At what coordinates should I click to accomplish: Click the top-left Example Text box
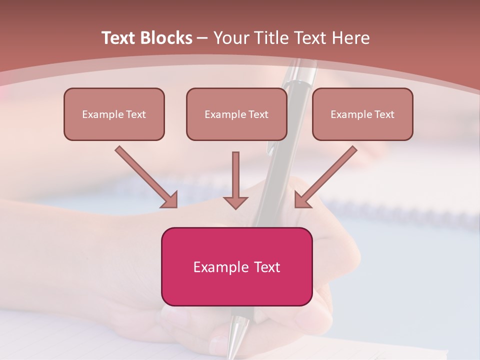pyautogui.click(x=114, y=114)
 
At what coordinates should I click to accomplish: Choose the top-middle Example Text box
pyautogui.click(x=236, y=114)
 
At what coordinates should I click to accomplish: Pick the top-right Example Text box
pyautogui.click(x=362, y=114)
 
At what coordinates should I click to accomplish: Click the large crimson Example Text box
pyautogui.click(x=236, y=266)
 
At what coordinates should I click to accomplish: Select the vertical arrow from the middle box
pyautogui.click(x=235, y=180)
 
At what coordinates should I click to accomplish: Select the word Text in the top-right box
pyautogui.click(x=384, y=114)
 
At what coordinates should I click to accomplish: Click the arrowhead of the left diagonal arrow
pyautogui.click(x=170, y=200)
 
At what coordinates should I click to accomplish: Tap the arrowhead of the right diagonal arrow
pyautogui.click(x=301, y=200)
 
